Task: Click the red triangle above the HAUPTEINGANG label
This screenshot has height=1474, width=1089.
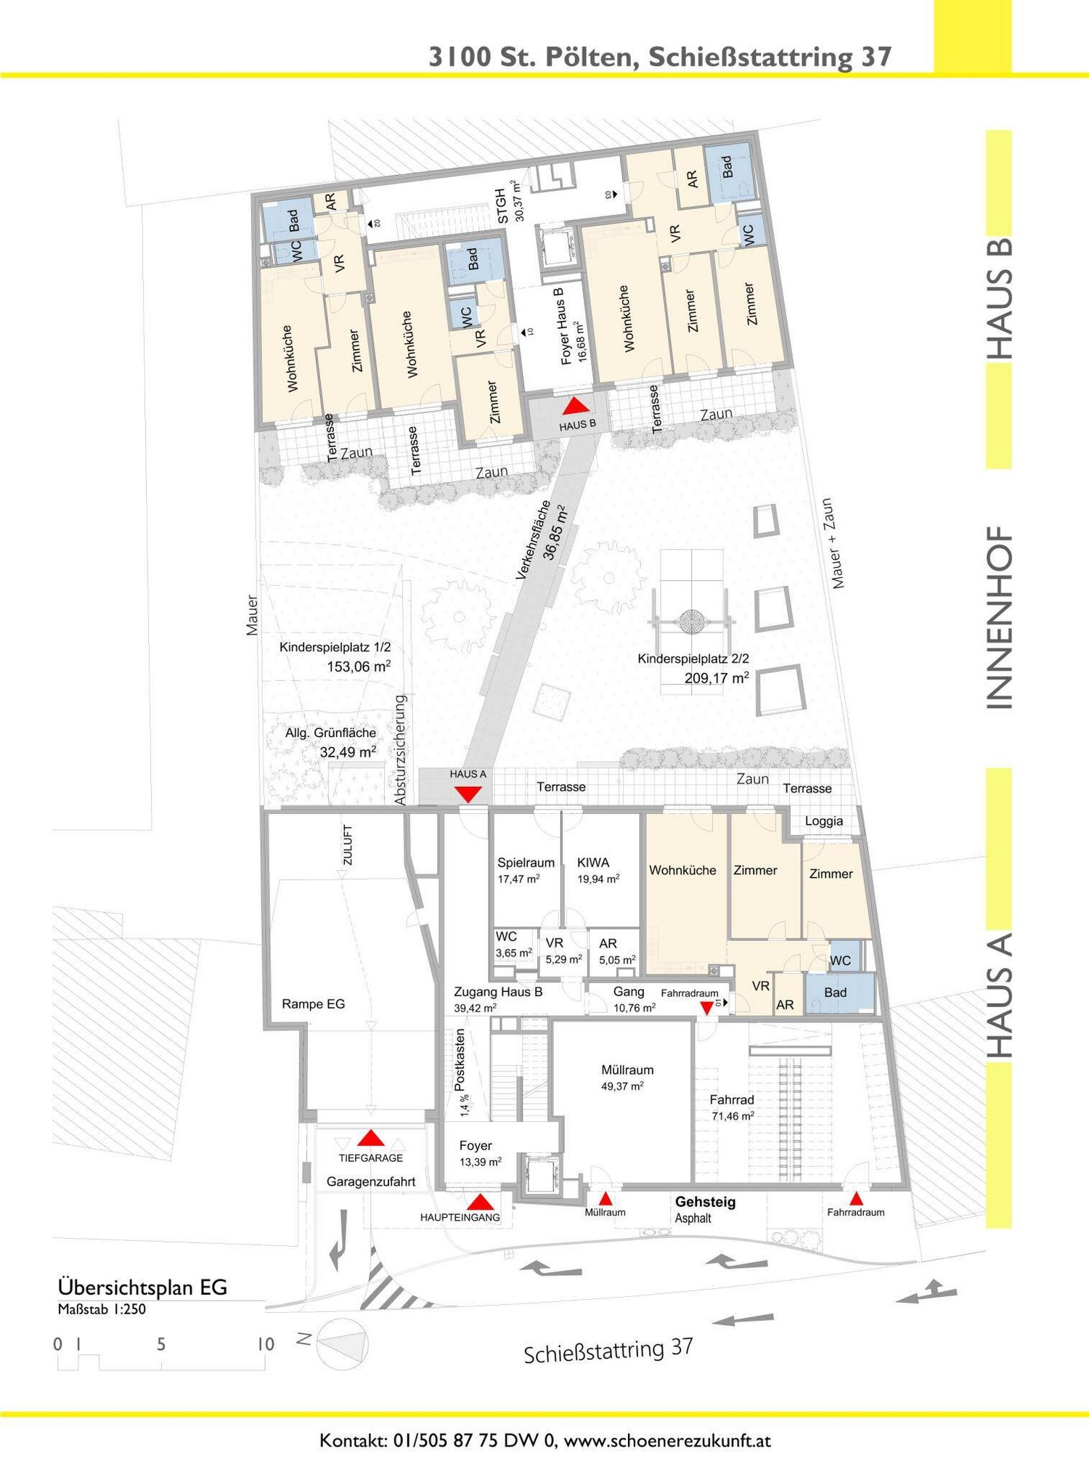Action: pyautogui.click(x=480, y=1202)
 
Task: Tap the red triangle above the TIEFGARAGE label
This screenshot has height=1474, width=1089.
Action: pyautogui.click(x=371, y=1138)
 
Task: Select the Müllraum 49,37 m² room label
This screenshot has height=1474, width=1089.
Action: pyautogui.click(x=627, y=1078)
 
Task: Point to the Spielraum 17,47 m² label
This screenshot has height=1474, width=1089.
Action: pyautogui.click(x=526, y=870)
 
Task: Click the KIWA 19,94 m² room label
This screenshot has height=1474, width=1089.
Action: pyautogui.click(x=598, y=870)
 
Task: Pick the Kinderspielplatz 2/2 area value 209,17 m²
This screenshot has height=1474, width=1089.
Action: pyautogui.click(x=717, y=677)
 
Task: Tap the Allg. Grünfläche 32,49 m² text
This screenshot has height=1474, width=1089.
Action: pyautogui.click(x=331, y=742)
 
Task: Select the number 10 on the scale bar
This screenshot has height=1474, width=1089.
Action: pyautogui.click(x=266, y=1344)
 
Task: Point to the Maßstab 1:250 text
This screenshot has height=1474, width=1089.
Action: pyautogui.click(x=102, y=1309)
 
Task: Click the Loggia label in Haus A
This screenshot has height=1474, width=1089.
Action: pyautogui.click(x=824, y=821)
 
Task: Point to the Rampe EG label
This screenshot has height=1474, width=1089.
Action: pyautogui.click(x=314, y=1004)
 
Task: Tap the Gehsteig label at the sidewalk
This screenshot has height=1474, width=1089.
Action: pyautogui.click(x=706, y=1202)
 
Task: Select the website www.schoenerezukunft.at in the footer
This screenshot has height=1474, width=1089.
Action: pyautogui.click(x=667, y=1441)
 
